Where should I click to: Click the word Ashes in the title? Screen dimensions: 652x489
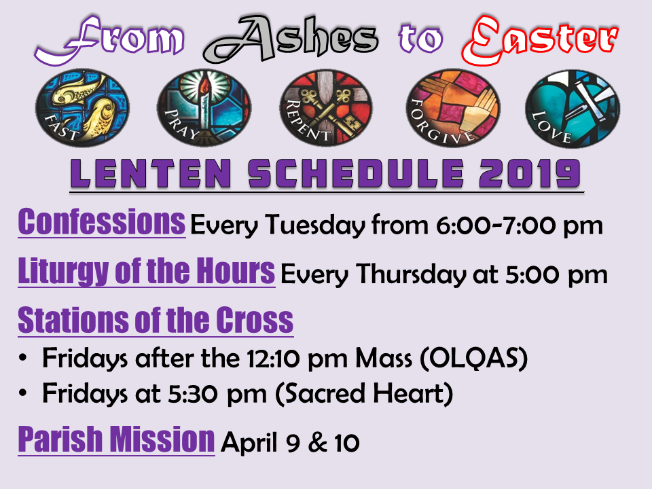click(x=291, y=38)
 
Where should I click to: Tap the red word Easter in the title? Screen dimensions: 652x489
click(x=540, y=40)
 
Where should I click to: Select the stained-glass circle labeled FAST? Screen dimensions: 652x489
click(x=82, y=108)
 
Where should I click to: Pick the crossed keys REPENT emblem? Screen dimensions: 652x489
click(x=326, y=108)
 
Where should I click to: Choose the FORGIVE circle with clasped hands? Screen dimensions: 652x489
click(x=453, y=108)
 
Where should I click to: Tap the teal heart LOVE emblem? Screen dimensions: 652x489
click(x=573, y=109)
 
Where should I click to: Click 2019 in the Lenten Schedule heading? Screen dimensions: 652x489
click(x=530, y=173)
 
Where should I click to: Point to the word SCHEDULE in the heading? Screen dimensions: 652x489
click(x=356, y=173)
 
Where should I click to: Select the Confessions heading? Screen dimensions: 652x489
click(x=101, y=222)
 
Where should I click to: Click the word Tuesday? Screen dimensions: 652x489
click(x=315, y=225)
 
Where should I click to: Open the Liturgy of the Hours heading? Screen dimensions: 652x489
click(x=147, y=271)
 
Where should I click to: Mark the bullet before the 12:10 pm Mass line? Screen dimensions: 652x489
click(x=23, y=358)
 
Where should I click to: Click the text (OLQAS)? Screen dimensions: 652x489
click(x=473, y=358)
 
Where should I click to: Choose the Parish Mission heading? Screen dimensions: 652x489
click(x=116, y=439)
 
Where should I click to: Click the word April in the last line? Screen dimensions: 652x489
click(x=249, y=442)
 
